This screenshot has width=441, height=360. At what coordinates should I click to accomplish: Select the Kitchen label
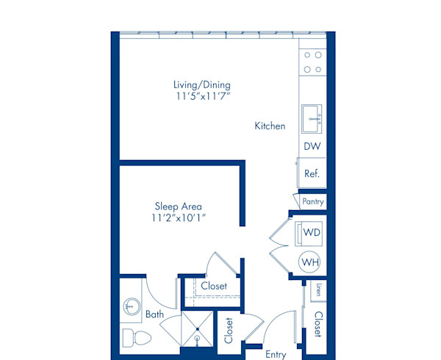point(270,126)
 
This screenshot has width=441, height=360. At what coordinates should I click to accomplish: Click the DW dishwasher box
point(312,147)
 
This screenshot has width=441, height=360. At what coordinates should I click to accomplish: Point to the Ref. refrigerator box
point(312,174)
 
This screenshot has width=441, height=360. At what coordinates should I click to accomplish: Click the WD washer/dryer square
point(312,233)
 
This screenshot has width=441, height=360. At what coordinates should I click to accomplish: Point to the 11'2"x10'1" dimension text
point(178,218)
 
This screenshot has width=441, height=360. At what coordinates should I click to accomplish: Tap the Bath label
point(154,314)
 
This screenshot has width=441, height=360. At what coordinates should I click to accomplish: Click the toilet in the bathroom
point(135,339)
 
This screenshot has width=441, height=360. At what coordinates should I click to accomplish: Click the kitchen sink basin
point(312,115)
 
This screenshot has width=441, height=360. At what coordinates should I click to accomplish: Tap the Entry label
point(276,355)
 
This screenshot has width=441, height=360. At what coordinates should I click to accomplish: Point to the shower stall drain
point(198,339)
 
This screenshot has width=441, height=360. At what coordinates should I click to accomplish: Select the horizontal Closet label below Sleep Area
point(214,286)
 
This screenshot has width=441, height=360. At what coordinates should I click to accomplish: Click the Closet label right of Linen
point(318,324)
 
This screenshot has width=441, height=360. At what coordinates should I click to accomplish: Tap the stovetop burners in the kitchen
point(312,62)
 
